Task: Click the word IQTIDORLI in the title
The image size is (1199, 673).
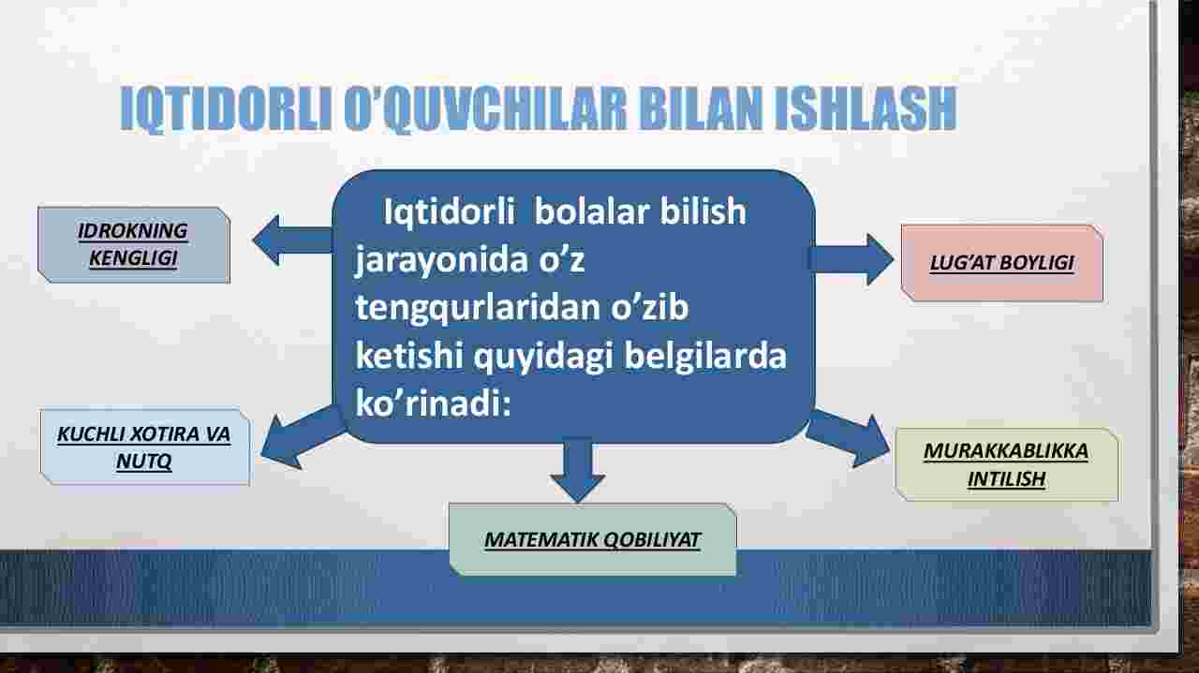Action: [226, 110]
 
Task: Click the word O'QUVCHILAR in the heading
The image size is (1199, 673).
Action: [484, 110]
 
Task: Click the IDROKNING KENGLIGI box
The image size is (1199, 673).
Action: [134, 245]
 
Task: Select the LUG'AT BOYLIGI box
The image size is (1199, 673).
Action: [1002, 263]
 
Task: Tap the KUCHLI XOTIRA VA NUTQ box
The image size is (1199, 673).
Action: [144, 447]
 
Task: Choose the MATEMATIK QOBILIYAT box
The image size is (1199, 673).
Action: [593, 539]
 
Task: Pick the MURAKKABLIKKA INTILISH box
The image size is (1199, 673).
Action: [1006, 464]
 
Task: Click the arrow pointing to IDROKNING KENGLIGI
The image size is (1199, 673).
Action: [292, 241]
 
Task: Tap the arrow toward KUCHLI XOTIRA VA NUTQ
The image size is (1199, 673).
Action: [303, 438]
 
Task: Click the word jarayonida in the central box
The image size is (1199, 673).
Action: [442, 260]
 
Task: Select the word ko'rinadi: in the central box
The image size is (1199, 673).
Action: [433, 403]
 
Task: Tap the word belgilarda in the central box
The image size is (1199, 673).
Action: [705, 356]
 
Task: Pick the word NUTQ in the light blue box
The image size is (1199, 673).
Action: [144, 461]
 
